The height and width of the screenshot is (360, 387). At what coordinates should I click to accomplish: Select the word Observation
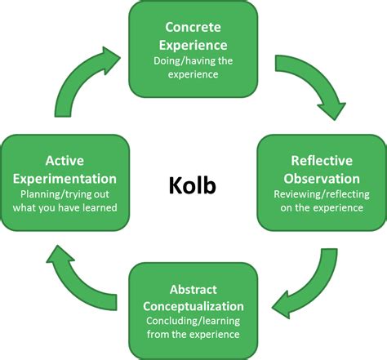click(322, 178)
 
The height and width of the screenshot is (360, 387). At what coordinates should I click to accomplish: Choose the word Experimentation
click(64, 178)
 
